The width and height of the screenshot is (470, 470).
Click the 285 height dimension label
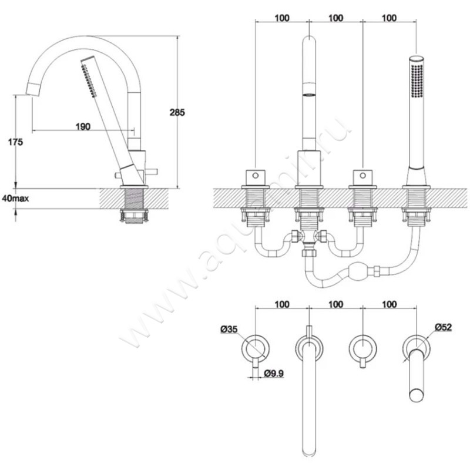click(x=177, y=112)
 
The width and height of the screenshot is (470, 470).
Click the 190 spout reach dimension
click(x=83, y=126)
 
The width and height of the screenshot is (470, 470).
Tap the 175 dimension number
click(x=15, y=142)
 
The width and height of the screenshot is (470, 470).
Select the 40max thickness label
click(x=15, y=198)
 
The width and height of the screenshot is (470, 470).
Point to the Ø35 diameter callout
click(x=229, y=329)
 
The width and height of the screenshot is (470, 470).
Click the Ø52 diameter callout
click(x=443, y=327)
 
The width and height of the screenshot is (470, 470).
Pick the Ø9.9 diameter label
click(x=274, y=373)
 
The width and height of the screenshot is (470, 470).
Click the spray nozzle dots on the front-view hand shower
click(x=417, y=80)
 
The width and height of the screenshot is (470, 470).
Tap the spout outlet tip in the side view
click(x=32, y=90)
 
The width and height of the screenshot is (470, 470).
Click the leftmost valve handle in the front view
click(x=256, y=178)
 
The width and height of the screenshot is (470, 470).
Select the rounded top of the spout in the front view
click(x=310, y=41)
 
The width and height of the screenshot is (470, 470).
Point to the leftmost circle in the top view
click(x=256, y=348)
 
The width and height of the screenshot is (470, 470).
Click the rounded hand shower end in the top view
click(x=417, y=395)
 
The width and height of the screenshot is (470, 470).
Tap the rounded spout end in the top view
click(x=310, y=450)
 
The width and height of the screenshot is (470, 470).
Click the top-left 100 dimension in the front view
click(x=282, y=18)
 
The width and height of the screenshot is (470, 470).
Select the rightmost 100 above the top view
click(x=390, y=304)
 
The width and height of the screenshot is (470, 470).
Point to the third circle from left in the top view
click(x=362, y=348)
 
